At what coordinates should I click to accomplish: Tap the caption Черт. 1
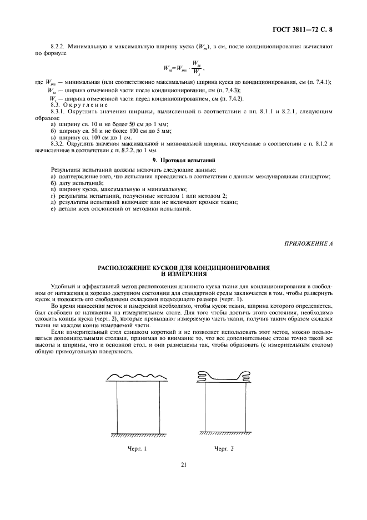point(136,448)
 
